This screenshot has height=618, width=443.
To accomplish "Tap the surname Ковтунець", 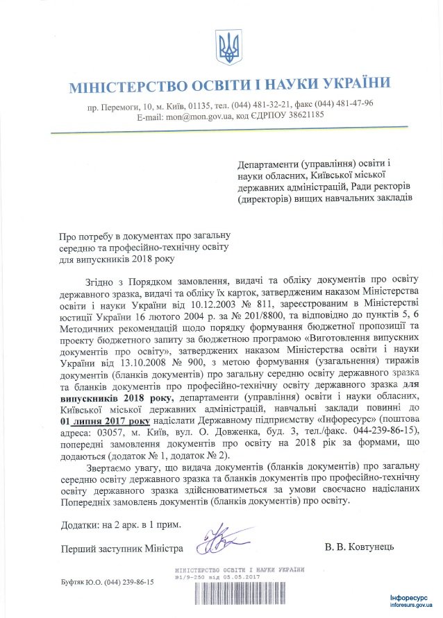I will pos(369,547).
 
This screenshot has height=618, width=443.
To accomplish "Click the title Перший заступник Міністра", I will pos(122,547).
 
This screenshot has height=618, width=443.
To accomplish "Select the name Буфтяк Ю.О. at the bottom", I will pos(80,583).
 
